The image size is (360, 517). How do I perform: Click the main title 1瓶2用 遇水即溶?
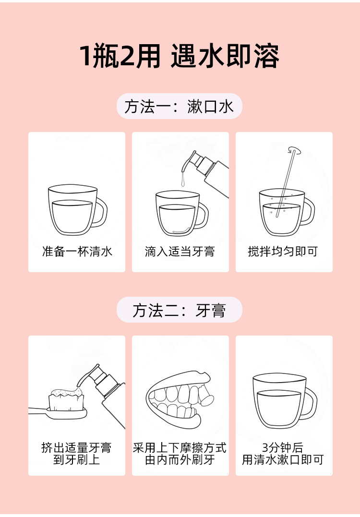[x=180, y=56]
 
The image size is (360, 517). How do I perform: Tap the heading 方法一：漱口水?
[x=180, y=106]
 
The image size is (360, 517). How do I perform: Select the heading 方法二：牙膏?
[x=180, y=310]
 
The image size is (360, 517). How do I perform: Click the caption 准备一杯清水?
[x=77, y=252]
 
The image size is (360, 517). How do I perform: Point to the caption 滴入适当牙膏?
[x=180, y=252]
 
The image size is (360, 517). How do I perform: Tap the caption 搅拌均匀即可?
[x=283, y=252]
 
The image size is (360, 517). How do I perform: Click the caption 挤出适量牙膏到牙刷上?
[x=76, y=453]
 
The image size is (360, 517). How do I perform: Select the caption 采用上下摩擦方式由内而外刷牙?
[x=180, y=453]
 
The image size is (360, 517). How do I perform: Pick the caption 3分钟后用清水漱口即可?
[x=283, y=453]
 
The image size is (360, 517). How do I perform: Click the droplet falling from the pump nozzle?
[x=182, y=181]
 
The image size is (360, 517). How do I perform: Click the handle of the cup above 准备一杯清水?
[x=100, y=213]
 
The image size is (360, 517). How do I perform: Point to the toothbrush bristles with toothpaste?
[x=66, y=399]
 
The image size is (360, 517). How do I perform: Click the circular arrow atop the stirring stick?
[x=294, y=150]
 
